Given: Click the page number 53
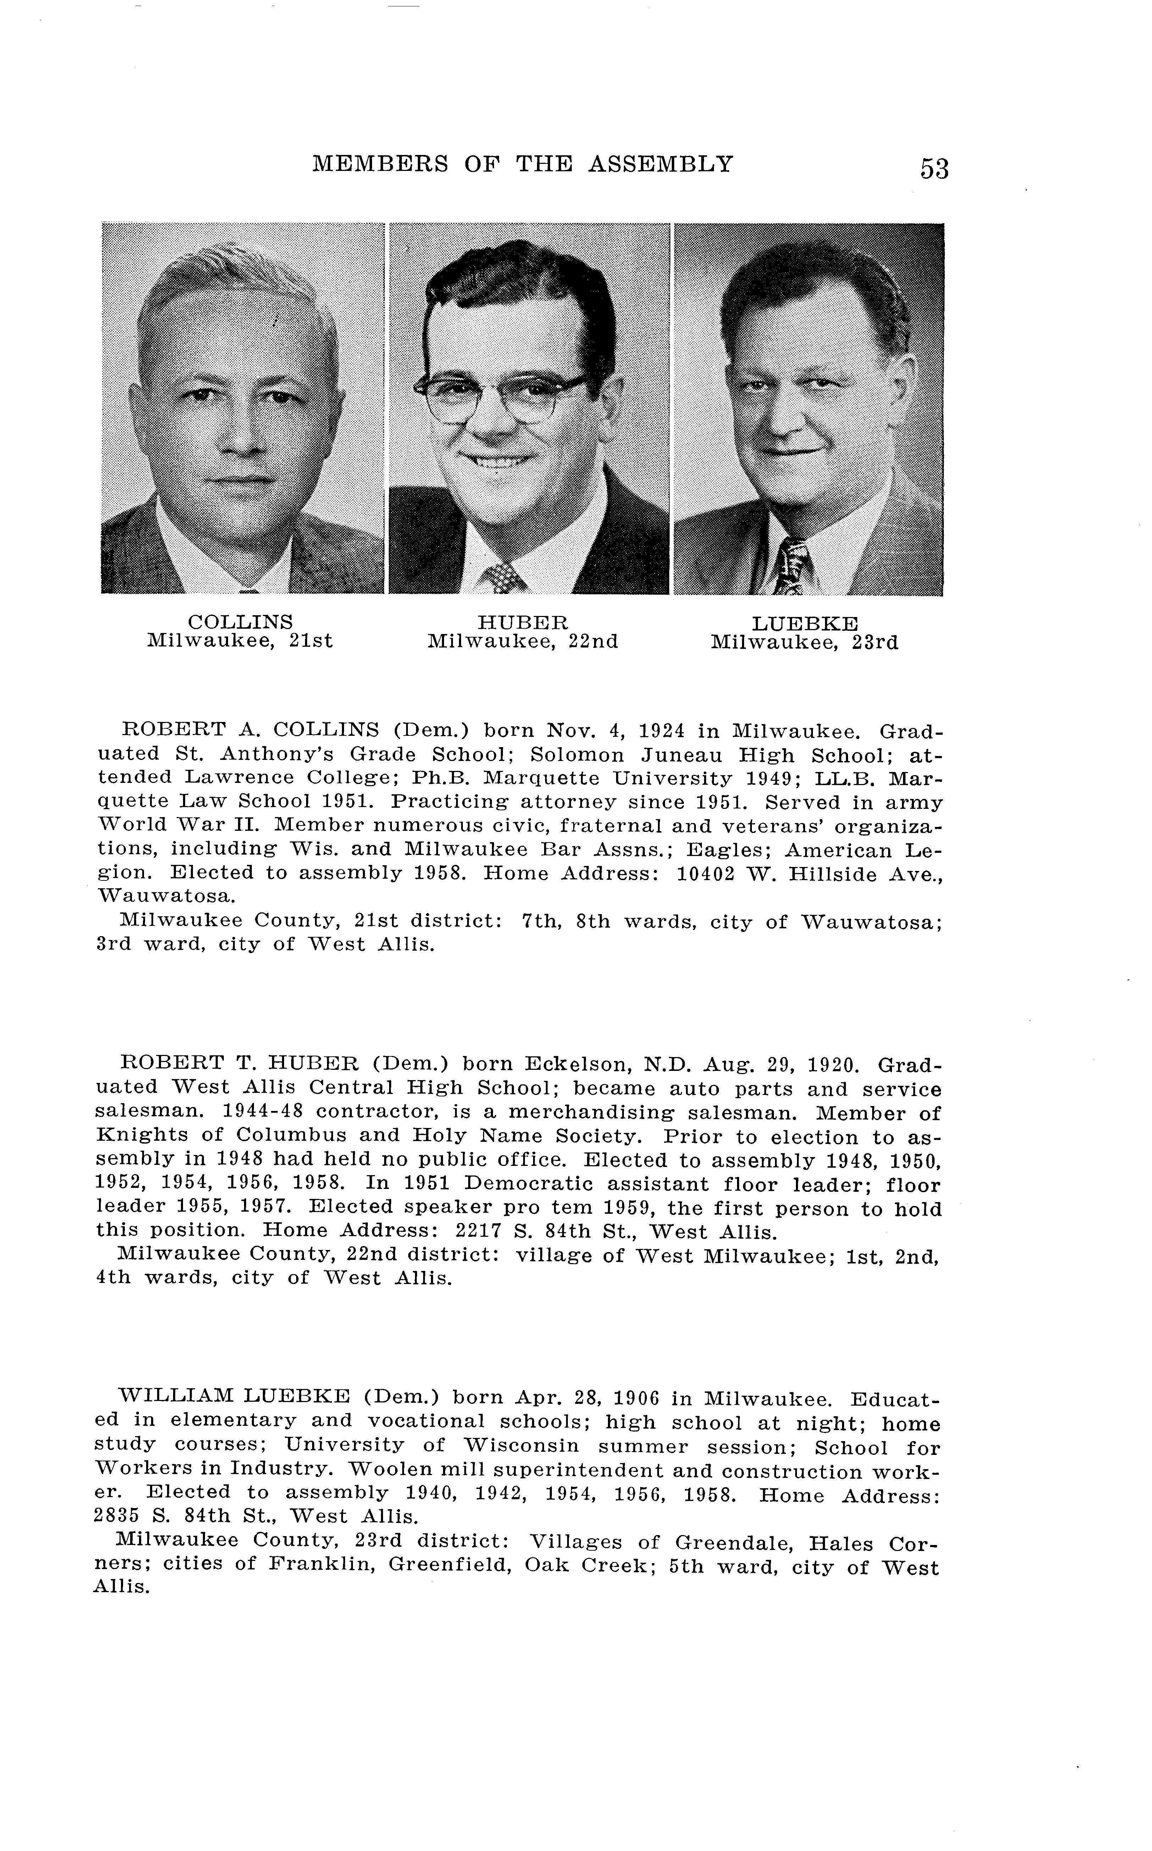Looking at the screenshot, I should [x=934, y=168].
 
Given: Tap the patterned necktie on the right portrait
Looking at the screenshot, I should [x=792, y=565].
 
